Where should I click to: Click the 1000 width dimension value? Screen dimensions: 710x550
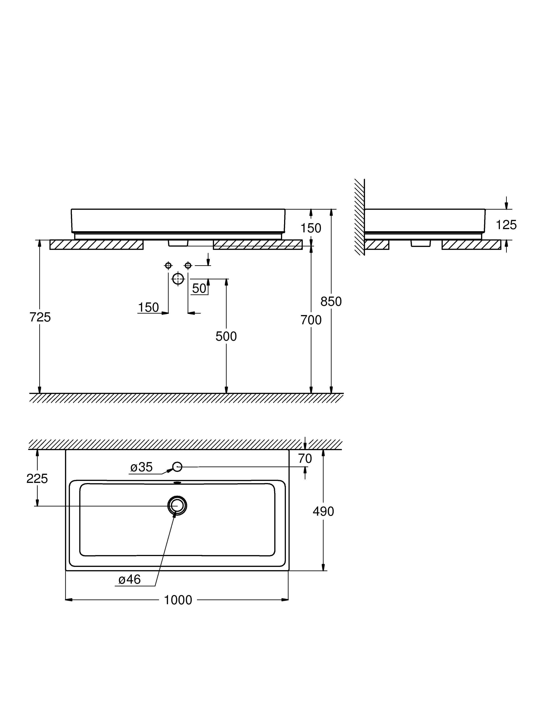pyautogui.click(x=178, y=600)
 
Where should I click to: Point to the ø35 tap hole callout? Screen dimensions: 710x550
pyautogui.click(x=141, y=467)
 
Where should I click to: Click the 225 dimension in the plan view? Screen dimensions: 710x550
pyautogui.click(x=37, y=478)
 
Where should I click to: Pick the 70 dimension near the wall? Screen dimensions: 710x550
pyautogui.click(x=305, y=458)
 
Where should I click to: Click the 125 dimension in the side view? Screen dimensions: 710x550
pyautogui.click(x=506, y=225)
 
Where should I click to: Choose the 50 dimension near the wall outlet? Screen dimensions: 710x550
pyautogui.click(x=199, y=288)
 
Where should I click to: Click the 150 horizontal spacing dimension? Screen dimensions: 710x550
pyautogui.click(x=149, y=307)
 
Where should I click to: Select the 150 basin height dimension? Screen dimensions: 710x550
pyautogui.click(x=310, y=228)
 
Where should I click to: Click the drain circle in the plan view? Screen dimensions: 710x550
pyautogui.click(x=177, y=505)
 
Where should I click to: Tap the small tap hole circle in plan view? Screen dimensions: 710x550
pyautogui.click(x=177, y=467)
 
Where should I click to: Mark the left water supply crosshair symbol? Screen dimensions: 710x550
pyautogui.click(x=168, y=266)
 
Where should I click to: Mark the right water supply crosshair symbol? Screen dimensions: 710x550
pyautogui.click(x=188, y=266)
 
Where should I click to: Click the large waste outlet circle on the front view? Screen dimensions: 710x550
pyautogui.click(x=178, y=279)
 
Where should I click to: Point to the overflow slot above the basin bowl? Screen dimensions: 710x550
pyautogui.click(x=177, y=483)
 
